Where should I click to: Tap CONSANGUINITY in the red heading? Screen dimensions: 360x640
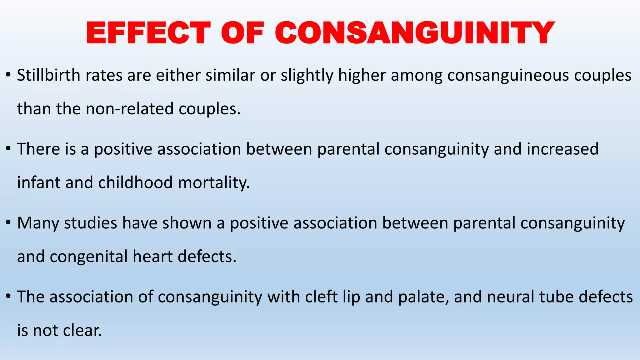point(415,33)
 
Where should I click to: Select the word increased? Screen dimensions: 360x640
point(562,149)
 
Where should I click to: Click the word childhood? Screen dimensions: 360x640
point(135,182)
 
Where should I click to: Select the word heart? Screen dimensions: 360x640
point(152,257)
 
